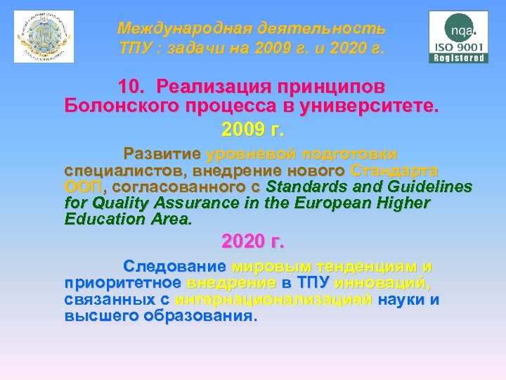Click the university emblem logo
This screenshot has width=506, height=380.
tap(44, 37)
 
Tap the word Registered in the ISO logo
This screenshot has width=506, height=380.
tap(460, 58)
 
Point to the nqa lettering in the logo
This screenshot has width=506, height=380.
tap(462, 30)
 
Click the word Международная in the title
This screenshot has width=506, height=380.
tap(183, 29)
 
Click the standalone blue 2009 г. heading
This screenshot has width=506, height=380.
tap(252, 129)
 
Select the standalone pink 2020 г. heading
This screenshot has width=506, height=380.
tap(253, 243)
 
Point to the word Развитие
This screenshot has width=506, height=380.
tap(162, 154)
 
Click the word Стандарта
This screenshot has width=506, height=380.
tap(394, 170)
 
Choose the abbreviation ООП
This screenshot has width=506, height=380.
tap(84, 187)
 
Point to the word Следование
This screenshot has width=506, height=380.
tap(174, 267)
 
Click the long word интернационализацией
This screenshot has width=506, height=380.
tap(274, 300)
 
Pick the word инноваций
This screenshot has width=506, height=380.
tap(384, 283)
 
